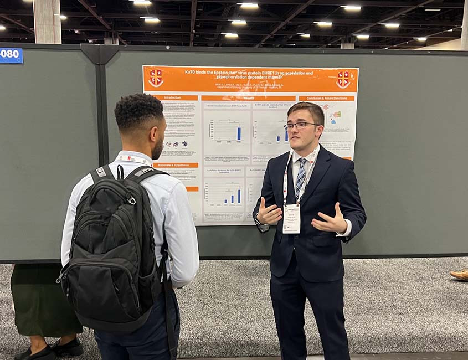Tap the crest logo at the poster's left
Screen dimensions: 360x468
[156, 78]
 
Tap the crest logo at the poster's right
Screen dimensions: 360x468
[343, 79]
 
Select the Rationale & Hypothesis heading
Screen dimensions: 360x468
[176, 165]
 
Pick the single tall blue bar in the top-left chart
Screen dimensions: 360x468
[239, 133]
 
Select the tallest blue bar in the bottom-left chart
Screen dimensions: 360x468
[239, 196]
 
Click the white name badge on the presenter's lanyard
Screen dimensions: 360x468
[291, 218]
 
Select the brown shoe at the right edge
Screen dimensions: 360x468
[459, 275]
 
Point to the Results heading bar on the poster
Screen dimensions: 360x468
[248, 98]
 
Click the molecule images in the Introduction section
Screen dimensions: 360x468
[177, 143]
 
